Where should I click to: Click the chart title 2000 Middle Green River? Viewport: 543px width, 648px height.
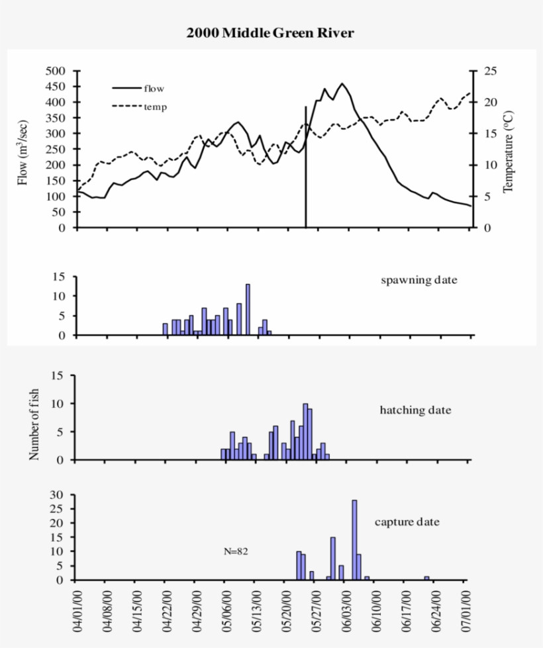pyautogui.click(x=270, y=33)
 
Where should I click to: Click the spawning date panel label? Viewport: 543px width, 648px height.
pyautogui.click(x=419, y=280)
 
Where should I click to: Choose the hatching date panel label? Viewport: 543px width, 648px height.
pyautogui.click(x=415, y=410)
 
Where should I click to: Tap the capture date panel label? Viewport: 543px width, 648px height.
pyautogui.click(x=407, y=522)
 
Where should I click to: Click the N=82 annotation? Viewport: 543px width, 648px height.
pyautogui.click(x=236, y=551)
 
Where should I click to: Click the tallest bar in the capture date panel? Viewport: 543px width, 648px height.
pyautogui.click(x=354, y=539)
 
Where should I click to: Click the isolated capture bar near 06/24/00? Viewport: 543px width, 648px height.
pyautogui.click(x=427, y=578)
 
